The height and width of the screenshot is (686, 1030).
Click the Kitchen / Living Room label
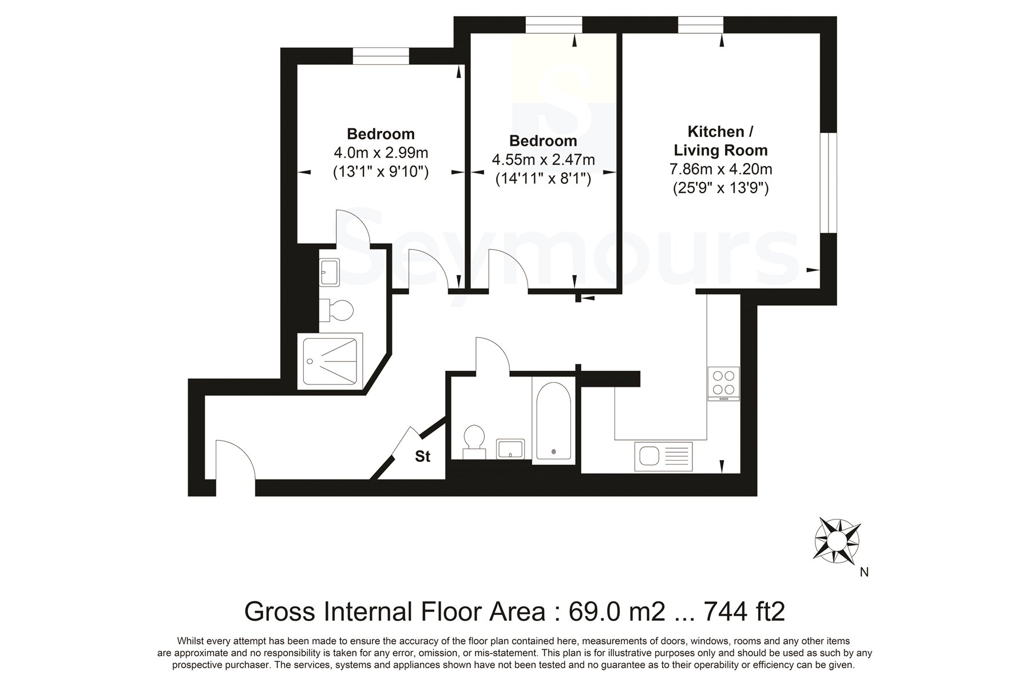[x=720, y=141]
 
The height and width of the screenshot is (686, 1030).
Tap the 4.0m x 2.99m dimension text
[x=381, y=153]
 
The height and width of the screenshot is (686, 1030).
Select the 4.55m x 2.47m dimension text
[x=543, y=160]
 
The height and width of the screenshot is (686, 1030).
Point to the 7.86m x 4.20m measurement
[x=720, y=169]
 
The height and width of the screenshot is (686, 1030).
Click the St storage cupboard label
[x=422, y=456]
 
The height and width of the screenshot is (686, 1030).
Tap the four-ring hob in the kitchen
[x=723, y=383]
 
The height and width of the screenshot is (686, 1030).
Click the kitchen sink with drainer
[x=664, y=457]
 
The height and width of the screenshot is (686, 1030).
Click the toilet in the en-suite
[x=337, y=311]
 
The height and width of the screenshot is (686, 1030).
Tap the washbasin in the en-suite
[x=329, y=272]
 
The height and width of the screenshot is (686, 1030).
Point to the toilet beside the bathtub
[x=474, y=442]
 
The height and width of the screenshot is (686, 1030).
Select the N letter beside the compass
[x=864, y=572]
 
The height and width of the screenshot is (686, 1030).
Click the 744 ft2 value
[x=744, y=612]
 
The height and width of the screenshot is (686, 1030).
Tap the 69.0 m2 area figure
[x=617, y=612]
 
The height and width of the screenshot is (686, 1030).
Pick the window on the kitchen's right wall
[x=829, y=183]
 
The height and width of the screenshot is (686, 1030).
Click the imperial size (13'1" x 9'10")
[x=381, y=172]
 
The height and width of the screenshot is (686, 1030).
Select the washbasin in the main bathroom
[x=510, y=448]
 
